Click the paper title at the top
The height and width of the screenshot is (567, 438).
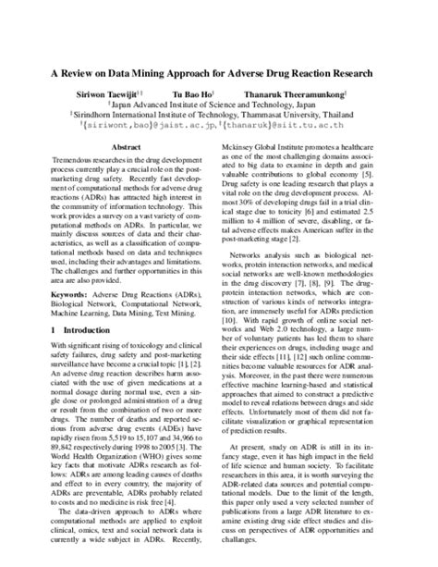click(219, 71)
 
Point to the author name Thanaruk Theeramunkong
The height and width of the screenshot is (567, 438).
click(297, 94)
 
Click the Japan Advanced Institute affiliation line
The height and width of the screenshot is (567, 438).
click(219, 106)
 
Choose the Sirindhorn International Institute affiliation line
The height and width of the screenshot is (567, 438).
click(219, 117)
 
